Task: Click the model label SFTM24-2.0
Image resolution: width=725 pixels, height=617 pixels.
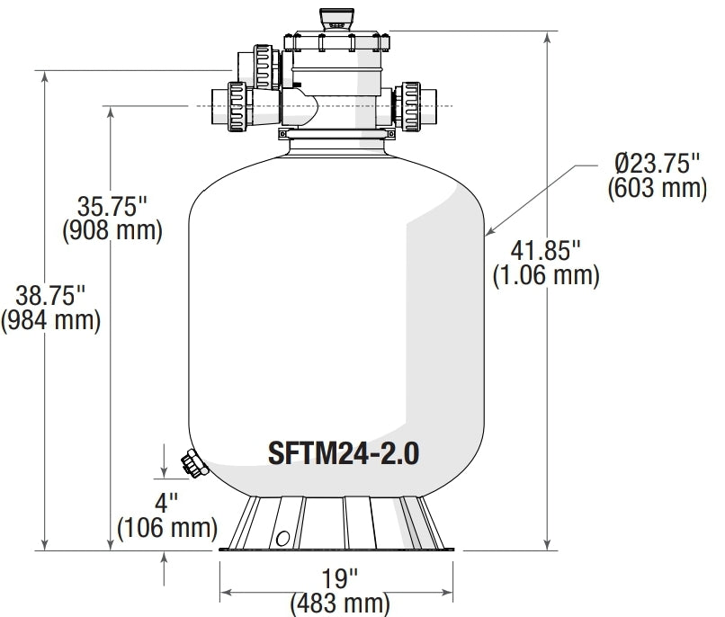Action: point(343,452)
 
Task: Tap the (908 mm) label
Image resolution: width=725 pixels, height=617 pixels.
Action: point(112,231)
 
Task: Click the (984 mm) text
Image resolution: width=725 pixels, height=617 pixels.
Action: point(49,319)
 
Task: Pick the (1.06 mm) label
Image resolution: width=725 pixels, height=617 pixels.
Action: point(545,275)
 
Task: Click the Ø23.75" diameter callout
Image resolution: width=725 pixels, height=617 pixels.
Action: point(657,165)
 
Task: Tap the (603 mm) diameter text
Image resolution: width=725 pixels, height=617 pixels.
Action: point(657,188)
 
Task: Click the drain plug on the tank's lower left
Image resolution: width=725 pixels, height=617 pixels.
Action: point(192,465)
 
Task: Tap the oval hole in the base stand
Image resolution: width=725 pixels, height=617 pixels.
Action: point(283,538)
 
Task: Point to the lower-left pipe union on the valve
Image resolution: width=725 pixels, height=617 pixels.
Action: point(237,108)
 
